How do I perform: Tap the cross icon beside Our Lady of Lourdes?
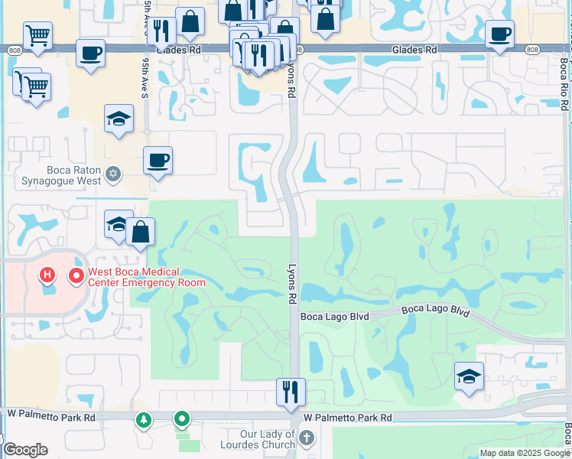tap(307, 438)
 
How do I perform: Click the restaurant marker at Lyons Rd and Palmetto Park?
tap(291, 392)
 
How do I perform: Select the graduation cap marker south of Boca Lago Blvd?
tap(469, 376)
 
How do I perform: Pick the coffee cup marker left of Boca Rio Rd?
tap(499, 34)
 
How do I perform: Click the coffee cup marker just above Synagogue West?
tap(158, 161)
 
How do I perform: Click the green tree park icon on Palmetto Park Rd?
tap(143, 419)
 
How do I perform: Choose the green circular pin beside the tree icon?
tap(181, 419)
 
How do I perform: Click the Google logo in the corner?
tap(24, 450)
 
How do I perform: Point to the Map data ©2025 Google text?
tap(525, 453)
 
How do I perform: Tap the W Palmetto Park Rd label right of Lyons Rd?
tap(347, 418)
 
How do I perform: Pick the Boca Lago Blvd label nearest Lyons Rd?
tap(335, 316)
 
